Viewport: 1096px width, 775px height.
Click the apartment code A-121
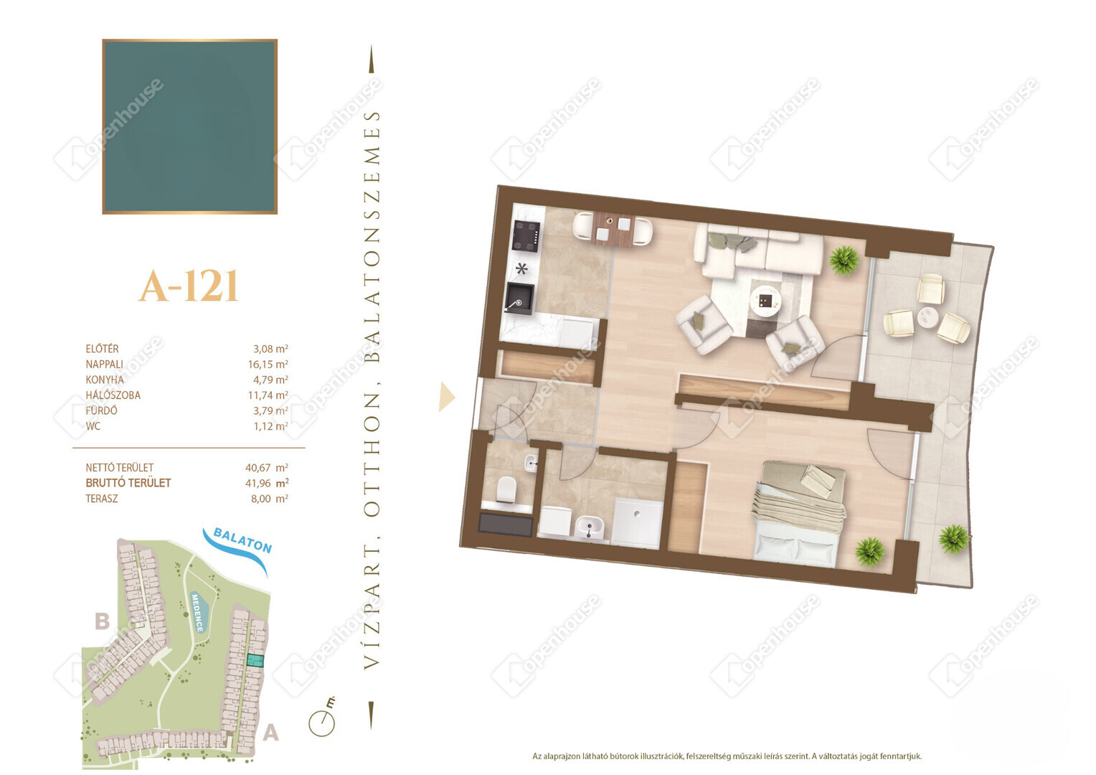click(x=189, y=286)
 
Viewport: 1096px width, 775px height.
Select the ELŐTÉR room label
click(x=102, y=349)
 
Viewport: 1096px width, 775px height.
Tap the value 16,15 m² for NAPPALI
click(x=268, y=365)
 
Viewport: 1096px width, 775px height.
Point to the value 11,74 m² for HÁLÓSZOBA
click(x=268, y=395)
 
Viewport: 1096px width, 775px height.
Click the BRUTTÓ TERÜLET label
click(x=128, y=483)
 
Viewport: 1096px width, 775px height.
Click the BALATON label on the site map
click(x=242, y=540)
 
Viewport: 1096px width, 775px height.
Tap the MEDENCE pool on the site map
click(x=198, y=612)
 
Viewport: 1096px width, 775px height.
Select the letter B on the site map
click(x=102, y=621)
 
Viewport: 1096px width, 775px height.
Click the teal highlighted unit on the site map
click(x=255, y=661)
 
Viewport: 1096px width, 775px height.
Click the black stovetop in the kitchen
click(x=526, y=237)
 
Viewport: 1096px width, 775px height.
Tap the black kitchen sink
click(x=519, y=299)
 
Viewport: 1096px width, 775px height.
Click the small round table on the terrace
click(x=927, y=318)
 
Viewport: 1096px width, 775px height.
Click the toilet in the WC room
click(x=507, y=490)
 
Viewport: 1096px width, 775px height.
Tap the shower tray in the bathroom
click(x=636, y=523)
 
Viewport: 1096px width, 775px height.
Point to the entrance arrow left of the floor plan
click(x=447, y=397)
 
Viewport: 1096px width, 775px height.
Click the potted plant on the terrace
click(x=953, y=540)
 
